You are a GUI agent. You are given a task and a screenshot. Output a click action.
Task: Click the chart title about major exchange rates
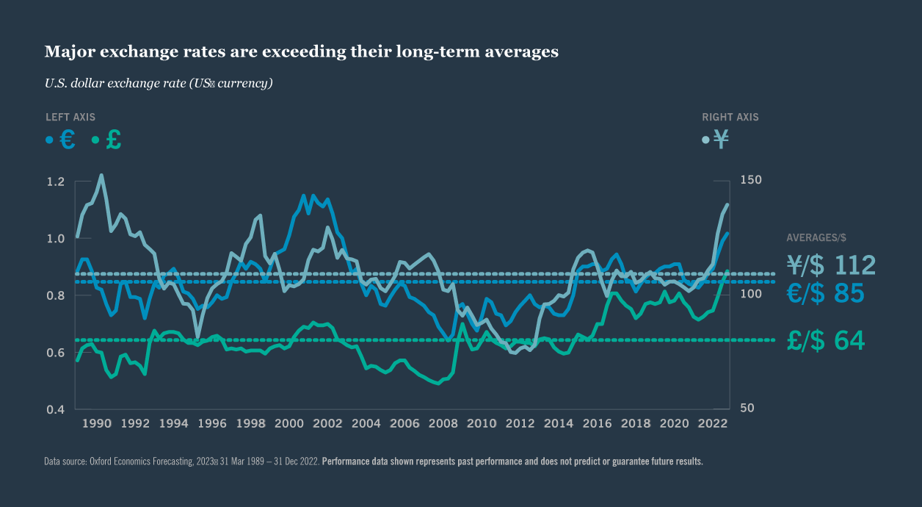tap(302, 51)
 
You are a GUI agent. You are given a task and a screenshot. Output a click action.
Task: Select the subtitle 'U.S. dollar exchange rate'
tap(159, 83)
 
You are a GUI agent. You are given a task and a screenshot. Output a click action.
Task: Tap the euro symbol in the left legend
tap(68, 140)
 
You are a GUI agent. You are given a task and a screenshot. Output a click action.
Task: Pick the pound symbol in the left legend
tap(114, 140)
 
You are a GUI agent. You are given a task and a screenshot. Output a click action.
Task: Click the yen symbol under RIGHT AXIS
tap(722, 140)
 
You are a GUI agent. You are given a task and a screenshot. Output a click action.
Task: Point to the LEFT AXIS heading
tap(70, 117)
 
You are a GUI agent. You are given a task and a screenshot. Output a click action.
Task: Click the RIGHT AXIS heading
tap(730, 117)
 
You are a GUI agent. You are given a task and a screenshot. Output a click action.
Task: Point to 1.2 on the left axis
tap(56, 181)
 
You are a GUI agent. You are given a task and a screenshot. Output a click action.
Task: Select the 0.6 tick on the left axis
tap(56, 353)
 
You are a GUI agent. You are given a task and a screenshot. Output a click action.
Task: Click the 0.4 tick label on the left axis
tap(56, 409)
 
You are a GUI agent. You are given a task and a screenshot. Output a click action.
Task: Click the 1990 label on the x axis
tap(96, 424)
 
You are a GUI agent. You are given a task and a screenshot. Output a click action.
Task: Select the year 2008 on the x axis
tap(443, 424)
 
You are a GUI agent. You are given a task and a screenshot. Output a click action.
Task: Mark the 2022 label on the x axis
tap(712, 424)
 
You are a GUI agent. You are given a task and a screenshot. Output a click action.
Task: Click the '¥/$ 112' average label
tap(831, 265)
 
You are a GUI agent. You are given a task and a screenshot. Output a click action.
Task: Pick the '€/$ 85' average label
tap(825, 294)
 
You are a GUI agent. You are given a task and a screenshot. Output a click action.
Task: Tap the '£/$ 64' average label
tap(825, 341)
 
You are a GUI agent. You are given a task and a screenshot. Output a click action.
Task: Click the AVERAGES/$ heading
tap(816, 237)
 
